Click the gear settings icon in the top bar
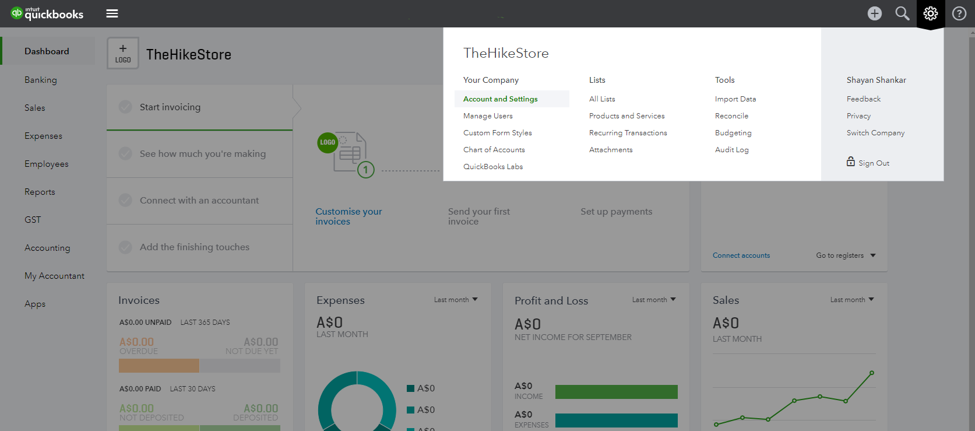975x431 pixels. tap(930, 13)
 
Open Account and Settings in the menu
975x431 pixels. tap(500, 99)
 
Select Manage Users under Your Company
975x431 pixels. tap(488, 116)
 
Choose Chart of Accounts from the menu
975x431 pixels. tap(494, 149)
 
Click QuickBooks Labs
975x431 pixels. tap(492, 166)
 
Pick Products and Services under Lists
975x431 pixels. tap(627, 116)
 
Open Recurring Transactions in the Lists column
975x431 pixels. tap(628, 133)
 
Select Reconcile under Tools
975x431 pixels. tap(731, 116)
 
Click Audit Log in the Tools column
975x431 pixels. tap(731, 150)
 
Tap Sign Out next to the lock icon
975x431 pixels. tap(874, 163)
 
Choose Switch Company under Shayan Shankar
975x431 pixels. tap(875, 133)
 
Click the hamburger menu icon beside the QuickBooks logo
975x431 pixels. tap(112, 13)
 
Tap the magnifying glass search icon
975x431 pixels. tap(902, 13)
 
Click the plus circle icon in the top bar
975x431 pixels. tap(874, 13)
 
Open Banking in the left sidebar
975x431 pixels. tap(40, 80)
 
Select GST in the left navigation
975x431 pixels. tap(33, 220)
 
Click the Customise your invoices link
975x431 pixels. tap(349, 216)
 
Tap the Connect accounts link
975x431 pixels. tap(741, 255)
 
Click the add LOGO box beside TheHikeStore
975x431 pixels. tap(123, 53)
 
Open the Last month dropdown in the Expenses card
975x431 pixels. tap(456, 300)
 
